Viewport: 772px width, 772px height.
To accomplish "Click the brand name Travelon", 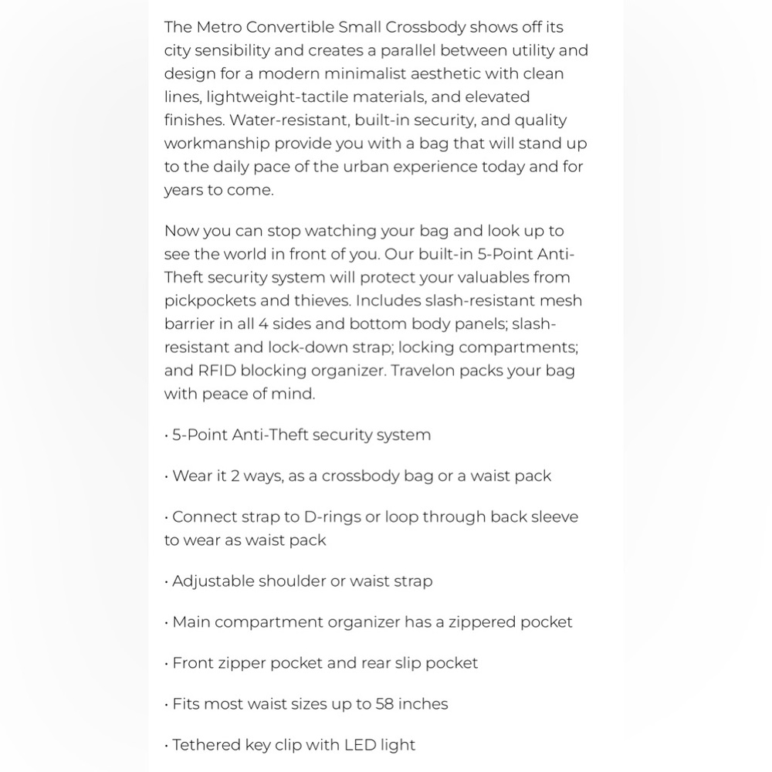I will [x=422, y=371].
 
